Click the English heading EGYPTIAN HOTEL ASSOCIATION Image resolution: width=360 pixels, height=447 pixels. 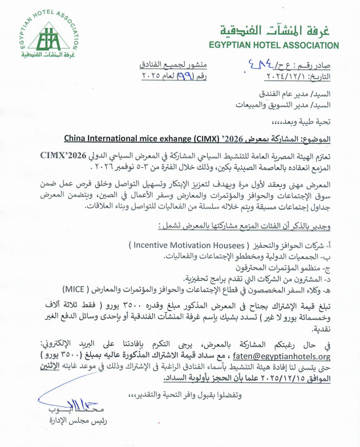pos(273,45)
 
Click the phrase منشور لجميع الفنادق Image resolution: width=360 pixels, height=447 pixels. pos(168,65)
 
